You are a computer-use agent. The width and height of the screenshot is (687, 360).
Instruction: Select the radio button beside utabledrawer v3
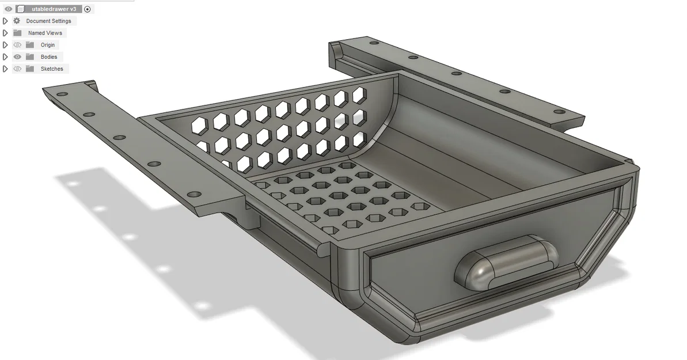(88, 9)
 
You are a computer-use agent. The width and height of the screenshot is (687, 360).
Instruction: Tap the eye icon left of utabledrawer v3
(8, 9)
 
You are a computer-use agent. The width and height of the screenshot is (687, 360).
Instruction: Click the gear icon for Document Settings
(17, 21)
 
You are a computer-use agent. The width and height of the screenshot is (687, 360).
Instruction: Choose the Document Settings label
(49, 21)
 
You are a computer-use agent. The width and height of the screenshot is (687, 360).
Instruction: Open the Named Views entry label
(45, 33)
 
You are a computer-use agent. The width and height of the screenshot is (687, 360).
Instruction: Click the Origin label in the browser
(48, 45)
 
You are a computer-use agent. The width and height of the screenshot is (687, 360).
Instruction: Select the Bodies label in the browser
(49, 57)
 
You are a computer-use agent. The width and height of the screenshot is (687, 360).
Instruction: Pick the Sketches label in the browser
(52, 69)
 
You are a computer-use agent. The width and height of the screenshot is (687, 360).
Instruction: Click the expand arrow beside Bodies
(5, 57)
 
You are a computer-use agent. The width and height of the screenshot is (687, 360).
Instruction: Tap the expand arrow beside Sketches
(5, 69)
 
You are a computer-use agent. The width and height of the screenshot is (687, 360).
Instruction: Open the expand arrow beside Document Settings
(5, 21)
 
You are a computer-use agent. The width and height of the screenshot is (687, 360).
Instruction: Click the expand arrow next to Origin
(5, 45)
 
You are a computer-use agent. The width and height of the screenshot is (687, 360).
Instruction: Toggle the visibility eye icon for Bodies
(17, 57)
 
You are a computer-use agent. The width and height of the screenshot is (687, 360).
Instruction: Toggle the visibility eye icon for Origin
(17, 45)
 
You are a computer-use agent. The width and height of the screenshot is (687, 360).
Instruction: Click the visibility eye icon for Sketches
(17, 69)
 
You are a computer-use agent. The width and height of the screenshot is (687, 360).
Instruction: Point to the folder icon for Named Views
(17, 33)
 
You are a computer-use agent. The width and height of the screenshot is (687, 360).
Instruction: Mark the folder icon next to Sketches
(29, 69)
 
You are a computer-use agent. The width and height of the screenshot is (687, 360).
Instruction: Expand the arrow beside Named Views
(5, 33)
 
